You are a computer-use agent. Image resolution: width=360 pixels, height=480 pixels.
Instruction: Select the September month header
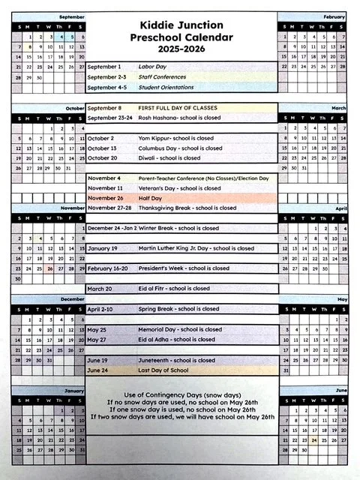[x=71, y=16]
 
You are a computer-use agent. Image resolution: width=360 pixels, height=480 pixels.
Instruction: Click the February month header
[x=334, y=16]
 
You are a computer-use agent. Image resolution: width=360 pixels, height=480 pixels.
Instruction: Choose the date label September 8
[x=106, y=108]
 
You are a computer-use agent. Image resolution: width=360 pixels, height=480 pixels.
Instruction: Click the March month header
[x=339, y=108]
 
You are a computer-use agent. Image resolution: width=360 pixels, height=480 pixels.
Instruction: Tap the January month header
[x=73, y=391]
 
